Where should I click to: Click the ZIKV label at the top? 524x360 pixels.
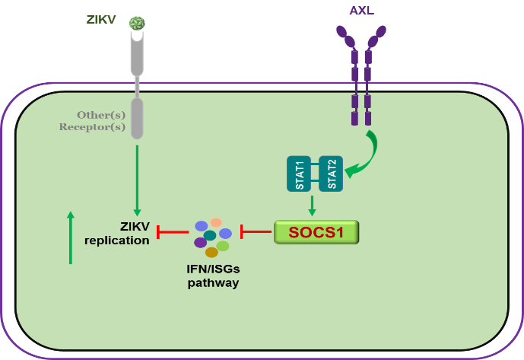(101, 20)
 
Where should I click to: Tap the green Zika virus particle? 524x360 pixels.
(137, 24)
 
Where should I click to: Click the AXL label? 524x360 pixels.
(361, 10)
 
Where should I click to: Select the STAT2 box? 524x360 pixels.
(331, 174)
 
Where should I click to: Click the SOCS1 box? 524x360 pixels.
(316, 231)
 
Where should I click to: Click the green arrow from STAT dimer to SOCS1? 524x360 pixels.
(312, 205)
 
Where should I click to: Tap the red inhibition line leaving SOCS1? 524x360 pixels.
(256, 231)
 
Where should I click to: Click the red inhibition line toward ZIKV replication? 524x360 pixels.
(173, 232)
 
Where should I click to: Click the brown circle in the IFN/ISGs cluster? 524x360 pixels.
(211, 253)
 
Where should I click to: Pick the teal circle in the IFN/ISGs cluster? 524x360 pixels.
(210, 236)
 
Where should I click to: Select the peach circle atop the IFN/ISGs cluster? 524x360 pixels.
(216, 223)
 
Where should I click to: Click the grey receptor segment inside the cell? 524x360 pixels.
(137, 118)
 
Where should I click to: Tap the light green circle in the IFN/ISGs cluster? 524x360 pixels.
(223, 246)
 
